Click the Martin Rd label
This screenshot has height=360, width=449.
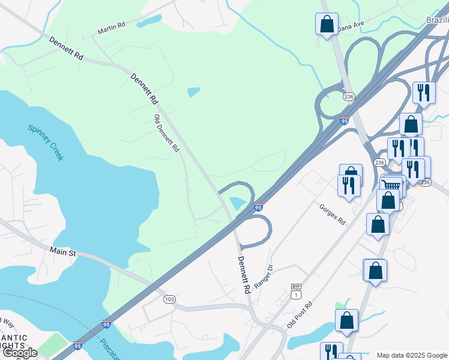coord(112,28)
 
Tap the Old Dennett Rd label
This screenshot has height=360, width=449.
coord(166,132)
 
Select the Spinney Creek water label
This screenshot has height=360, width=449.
coord(46,143)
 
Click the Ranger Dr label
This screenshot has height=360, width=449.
coord(263,277)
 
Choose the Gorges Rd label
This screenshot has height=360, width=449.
coord(332,213)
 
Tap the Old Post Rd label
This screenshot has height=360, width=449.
coord(300,314)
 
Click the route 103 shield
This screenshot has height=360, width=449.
coord(169,298)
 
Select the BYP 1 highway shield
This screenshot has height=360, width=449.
coord(295,289)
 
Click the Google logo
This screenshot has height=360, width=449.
coord(19,352)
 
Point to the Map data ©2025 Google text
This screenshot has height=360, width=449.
coord(412,355)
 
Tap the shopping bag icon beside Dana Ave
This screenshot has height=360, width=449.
coord(327,25)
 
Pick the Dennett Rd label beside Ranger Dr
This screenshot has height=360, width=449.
coord(243,275)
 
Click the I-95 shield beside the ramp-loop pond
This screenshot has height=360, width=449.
coord(258,208)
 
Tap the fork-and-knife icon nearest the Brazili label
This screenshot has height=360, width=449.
coord(424,93)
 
